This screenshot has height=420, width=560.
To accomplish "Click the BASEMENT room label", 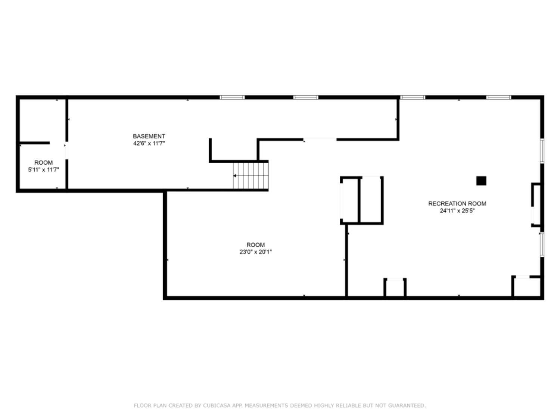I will pyautogui.click(x=149, y=136).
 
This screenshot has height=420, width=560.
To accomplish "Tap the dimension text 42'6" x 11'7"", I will pyautogui.click(x=149, y=143).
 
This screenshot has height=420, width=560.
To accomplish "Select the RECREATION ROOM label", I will pyautogui.click(x=457, y=203).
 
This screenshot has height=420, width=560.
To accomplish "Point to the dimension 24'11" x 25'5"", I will pyautogui.click(x=457, y=211).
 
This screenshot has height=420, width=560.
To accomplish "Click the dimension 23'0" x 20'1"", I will pyautogui.click(x=255, y=252).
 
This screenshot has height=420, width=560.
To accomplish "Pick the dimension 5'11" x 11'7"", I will pyautogui.click(x=43, y=170).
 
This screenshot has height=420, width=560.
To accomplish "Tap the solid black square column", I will pyautogui.click(x=481, y=181).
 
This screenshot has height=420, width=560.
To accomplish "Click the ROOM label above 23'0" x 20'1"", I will pyautogui.click(x=255, y=245).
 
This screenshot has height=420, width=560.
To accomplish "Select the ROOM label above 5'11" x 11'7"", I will pyautogui.click(x=43, y=163).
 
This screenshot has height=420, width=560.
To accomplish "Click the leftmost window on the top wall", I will pyautogui.click(x=232, y=97).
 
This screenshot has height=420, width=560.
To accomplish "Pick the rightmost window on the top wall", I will pyautogui.click(x=498, y=97).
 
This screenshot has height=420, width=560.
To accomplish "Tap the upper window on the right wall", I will pyautogui.click(x=542, y=151).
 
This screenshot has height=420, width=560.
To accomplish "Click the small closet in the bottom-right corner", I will pyautogui.click(x=526, y=287).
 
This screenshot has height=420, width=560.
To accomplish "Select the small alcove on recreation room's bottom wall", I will pyautogui.click(x=395, y=287).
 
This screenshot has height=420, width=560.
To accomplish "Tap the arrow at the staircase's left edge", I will pyautogui.click(x=235, y=175).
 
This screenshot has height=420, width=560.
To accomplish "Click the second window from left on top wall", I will pyautogui.click(x=305, y=97).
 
